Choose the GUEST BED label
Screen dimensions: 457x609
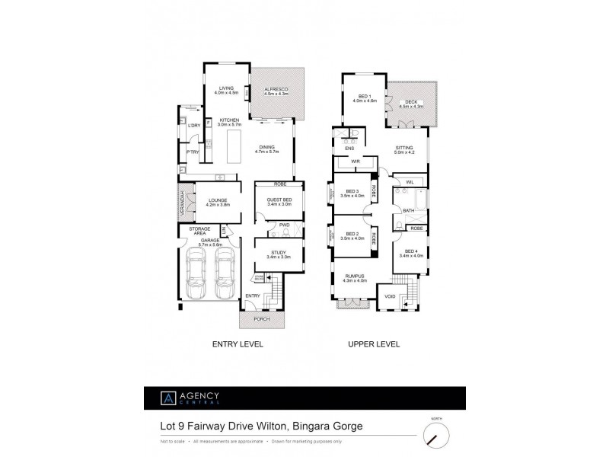tap(279, 202)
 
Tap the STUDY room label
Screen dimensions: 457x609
tap(279, 254)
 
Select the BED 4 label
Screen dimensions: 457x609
tap(413, 254)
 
